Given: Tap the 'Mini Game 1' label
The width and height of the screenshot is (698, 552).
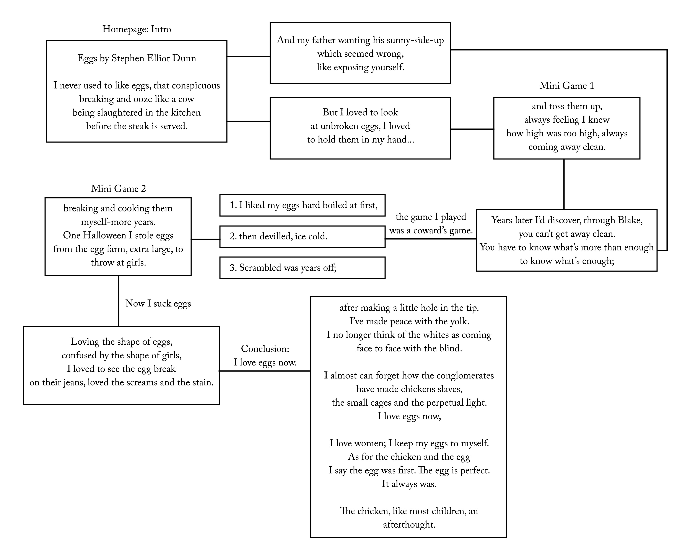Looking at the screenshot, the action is pos(567,86).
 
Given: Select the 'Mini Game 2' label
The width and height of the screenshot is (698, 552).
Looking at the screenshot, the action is pos(119,189).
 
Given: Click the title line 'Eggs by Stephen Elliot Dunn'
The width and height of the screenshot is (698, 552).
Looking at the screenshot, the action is pos(137,59).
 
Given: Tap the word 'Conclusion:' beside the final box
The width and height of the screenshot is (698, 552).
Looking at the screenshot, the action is pos(265,349).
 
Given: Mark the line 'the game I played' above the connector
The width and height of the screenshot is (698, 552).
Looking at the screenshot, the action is pos(431,217).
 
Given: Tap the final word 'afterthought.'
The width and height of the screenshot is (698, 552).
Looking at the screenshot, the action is pos(409,524).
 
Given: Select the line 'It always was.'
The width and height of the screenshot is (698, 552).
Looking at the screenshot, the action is pos(409,484).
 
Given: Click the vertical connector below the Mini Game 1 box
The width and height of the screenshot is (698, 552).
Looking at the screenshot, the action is pos(564,184).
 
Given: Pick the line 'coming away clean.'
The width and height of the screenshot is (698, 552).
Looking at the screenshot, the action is pos(567,147).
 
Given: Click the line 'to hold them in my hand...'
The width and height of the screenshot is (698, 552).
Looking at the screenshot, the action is pos(360,140).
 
